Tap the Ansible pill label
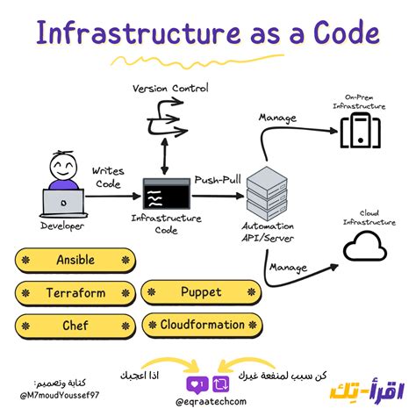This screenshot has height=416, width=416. tap(75, 261)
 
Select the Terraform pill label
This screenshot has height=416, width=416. tap(75, 293)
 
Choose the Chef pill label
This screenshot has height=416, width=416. tap(75, 326)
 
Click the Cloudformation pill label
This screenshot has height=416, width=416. tap(201, 326)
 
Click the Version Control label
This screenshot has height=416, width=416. tap(171, 89)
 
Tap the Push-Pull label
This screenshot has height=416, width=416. tap(219, 179)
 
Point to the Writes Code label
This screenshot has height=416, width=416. tap(107, 178)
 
